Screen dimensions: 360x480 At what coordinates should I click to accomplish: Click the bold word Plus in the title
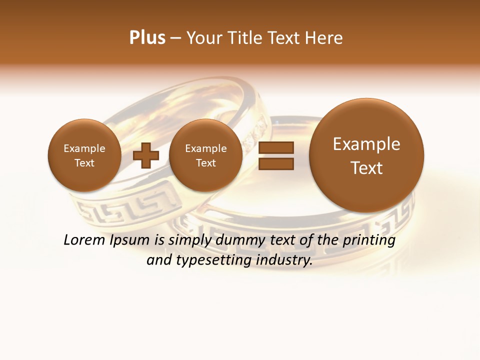click(x=147, y=38)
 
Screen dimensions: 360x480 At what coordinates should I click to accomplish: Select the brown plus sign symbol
click(x=146, y=155)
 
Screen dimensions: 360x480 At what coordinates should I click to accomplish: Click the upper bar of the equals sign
click(x=276, y=147)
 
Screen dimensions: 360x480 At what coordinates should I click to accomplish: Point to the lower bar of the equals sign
click(x=276, y=164)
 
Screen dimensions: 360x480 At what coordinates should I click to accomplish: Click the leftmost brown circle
click(x=84, y=155)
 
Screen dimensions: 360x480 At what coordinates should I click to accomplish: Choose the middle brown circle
click(x=205, y=155)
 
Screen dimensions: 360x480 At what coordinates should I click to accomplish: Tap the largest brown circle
click(x=366, y=155)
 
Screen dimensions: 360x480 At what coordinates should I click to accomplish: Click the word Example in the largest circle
click(x=366, y=144)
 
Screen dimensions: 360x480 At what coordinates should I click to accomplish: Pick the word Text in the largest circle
click(x=366, y=168)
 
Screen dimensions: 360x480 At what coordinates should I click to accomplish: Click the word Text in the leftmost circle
click(x=84, y=163)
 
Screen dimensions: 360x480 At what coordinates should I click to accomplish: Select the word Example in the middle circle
click(x=205, y=148)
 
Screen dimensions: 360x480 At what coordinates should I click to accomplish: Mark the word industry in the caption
click(x=284, y=260)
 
